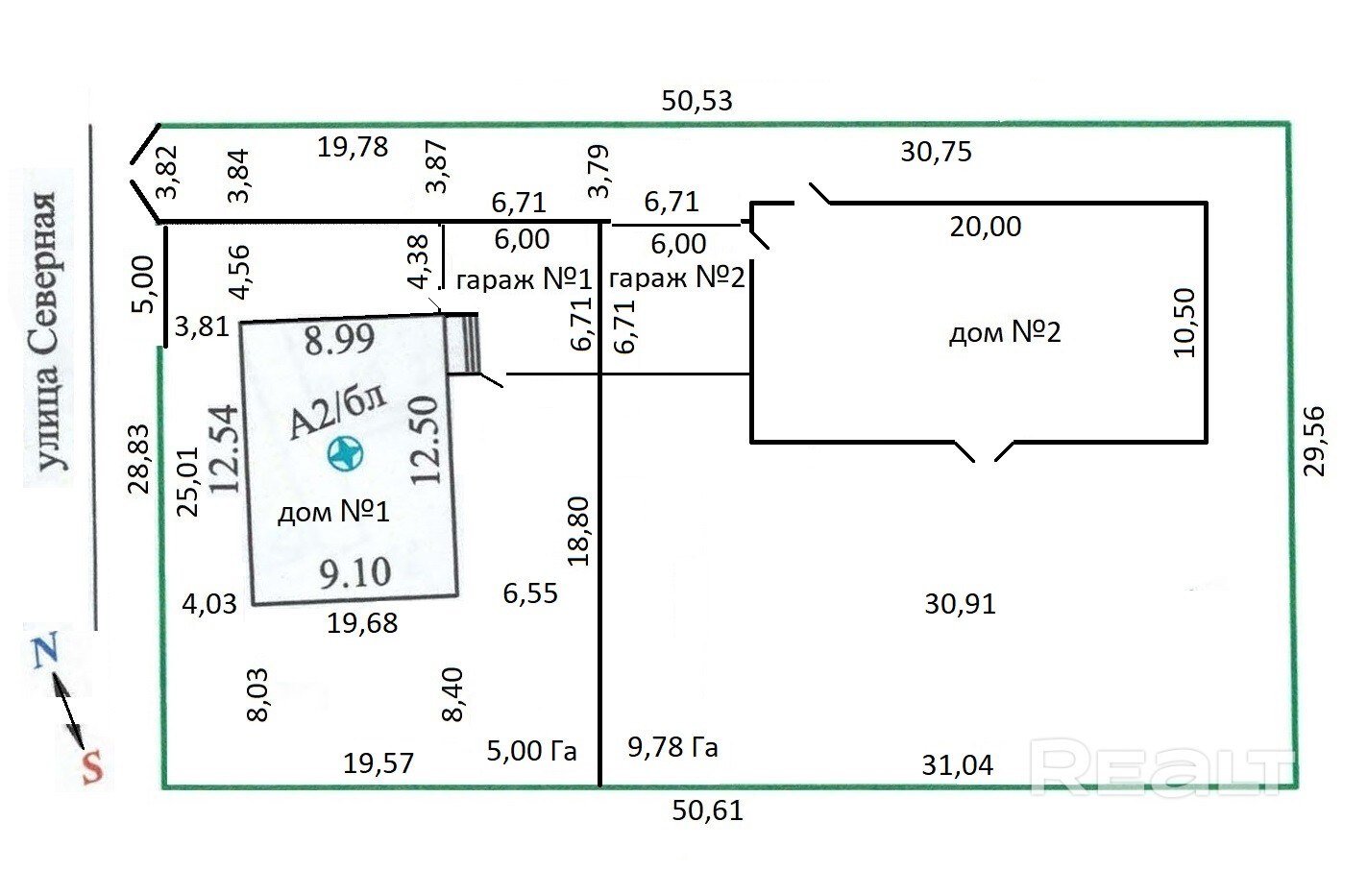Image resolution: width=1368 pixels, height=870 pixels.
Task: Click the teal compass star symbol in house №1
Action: click(345, 453)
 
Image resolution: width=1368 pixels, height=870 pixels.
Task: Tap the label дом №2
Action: click(1005, 332)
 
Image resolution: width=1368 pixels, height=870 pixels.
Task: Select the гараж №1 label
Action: click(524, 279)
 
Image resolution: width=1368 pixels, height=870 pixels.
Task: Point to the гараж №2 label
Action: click(676, 278)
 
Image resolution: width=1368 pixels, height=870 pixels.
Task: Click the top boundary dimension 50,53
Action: click(696, 101)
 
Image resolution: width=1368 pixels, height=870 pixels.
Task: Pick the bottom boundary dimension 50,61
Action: click(707, 810)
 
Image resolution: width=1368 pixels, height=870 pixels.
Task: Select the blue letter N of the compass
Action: click(45, 649)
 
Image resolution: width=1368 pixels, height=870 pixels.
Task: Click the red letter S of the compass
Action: click(92, 767)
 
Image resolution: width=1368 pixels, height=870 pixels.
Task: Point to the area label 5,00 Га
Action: click(531, 750)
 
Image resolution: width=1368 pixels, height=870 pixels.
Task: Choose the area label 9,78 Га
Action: click(672, 747)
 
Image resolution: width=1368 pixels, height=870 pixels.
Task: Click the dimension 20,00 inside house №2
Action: click(985, 227)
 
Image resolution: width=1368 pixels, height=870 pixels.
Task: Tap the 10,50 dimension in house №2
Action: click(1185, 323)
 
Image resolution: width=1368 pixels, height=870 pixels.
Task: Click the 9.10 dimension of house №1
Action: click(355, 572)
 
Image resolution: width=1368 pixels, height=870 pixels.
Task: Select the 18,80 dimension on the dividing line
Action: click(578, 531)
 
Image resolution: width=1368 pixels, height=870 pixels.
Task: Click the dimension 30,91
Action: click(960, 604)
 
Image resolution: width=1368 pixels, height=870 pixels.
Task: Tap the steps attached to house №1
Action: click(462, 343)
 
